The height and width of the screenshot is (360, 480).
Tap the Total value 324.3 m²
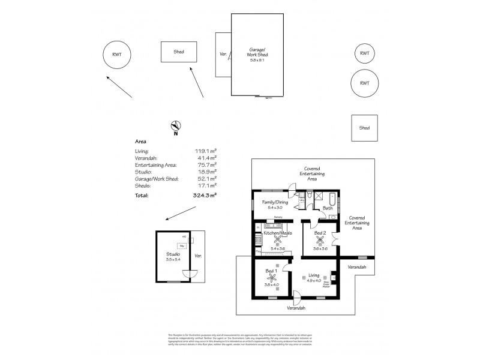pyautogui.click(x=205, y=196)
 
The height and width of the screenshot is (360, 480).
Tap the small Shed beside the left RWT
pyautogui.click(x=179, y=52)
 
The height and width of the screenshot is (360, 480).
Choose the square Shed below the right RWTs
pyautogui.click(x=364, y=128)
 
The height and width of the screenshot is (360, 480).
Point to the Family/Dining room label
pyautogui.click(x=275, y=203)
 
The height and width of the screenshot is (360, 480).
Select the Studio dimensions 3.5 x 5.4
pyautogui.click(x=173, y=259)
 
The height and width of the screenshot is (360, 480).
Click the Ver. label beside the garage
pyautogui.click(x=223, y=55)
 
